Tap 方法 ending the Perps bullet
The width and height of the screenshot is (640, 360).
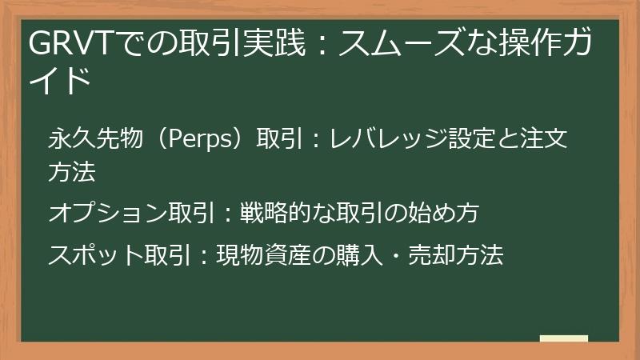click(x=73, y=170)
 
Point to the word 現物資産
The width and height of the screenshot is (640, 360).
click(x=262, y=255)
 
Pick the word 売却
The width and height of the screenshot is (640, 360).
click(x=433, y=255)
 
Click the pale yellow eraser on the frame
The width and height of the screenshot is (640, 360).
click(x=563, y=339)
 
